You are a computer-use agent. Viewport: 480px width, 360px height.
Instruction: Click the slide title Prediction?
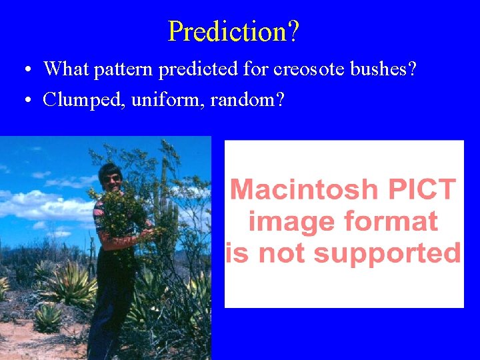234,31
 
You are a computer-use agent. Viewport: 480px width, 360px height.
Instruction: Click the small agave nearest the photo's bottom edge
48,318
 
